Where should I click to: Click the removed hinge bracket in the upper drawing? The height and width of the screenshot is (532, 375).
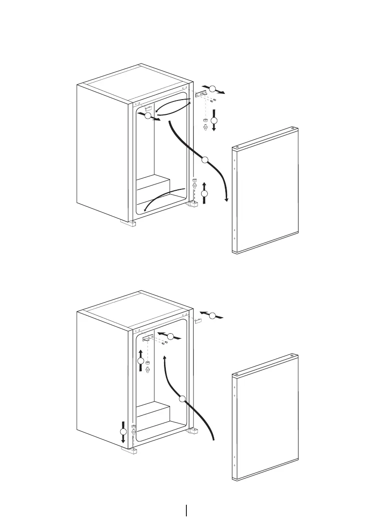coord(201,94)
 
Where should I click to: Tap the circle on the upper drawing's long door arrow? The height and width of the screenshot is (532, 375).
coord(205,160)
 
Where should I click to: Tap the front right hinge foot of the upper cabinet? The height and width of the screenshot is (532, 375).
coord(193,205)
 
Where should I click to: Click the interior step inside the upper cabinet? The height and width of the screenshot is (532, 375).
coord(153,183)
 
